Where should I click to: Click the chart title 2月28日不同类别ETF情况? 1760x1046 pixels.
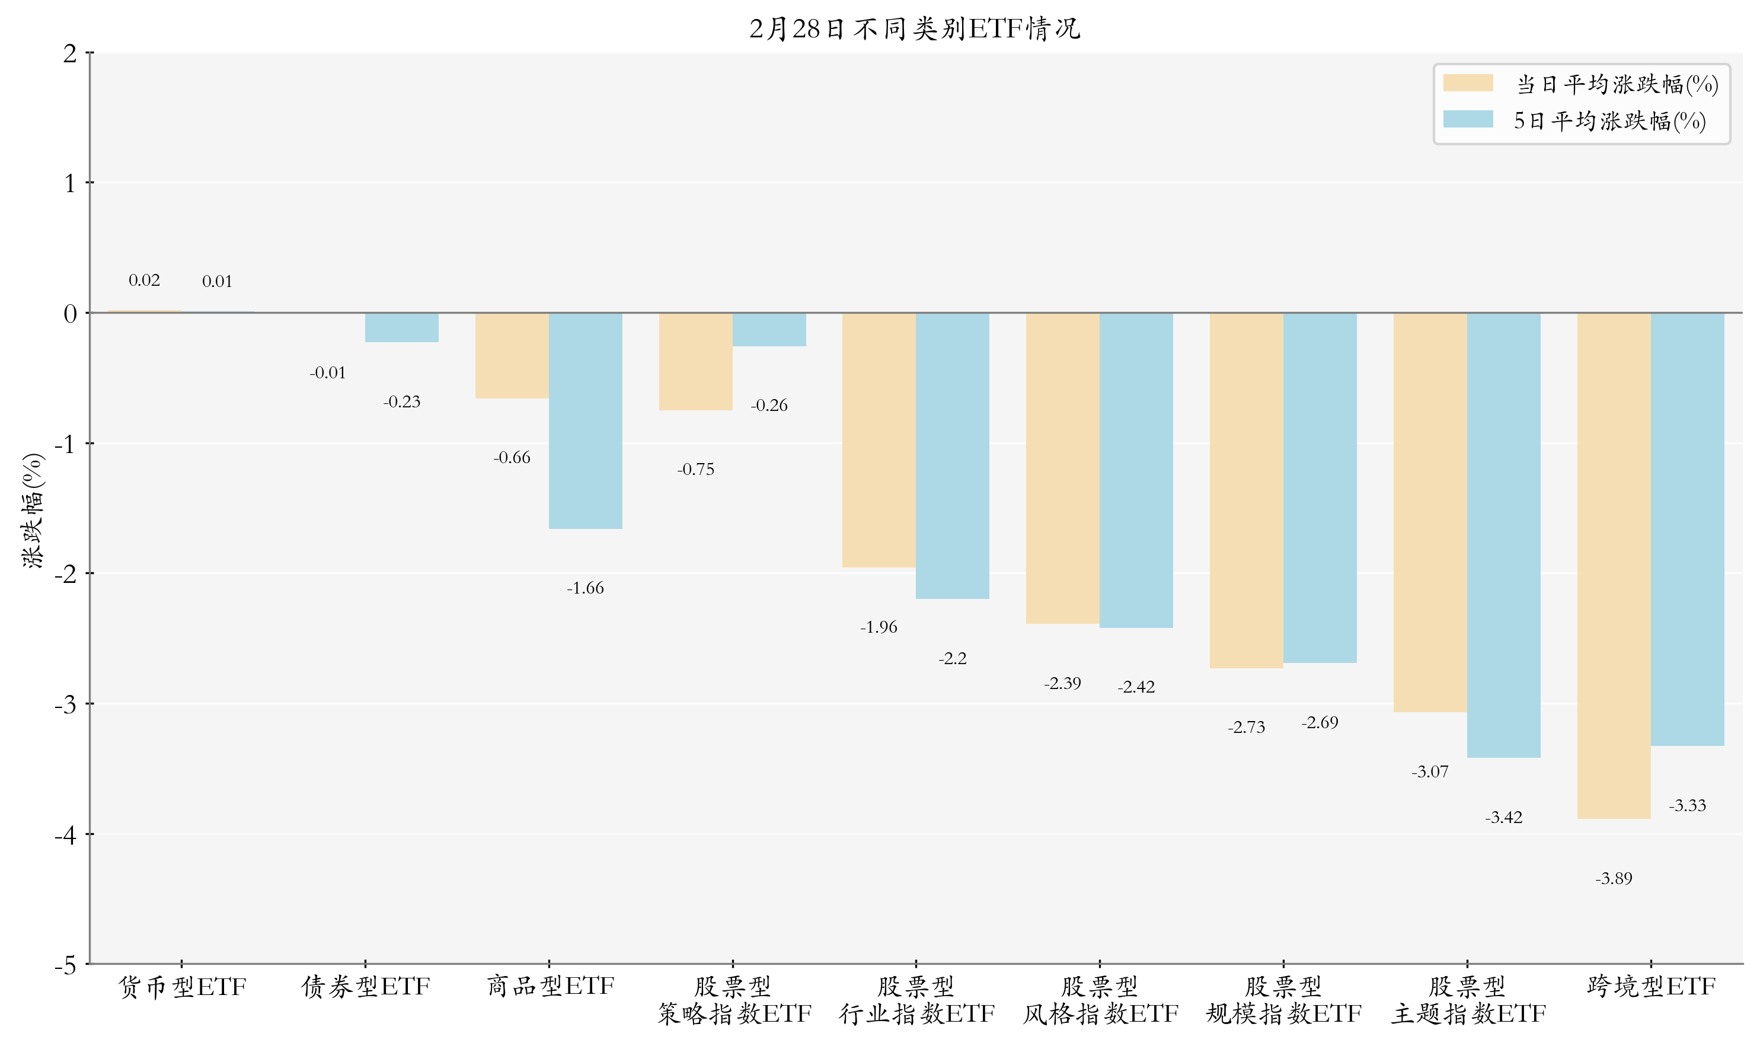point(915,29)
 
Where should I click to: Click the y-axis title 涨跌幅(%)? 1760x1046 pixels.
point(33,511)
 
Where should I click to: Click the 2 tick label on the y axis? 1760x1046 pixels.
point(70,53)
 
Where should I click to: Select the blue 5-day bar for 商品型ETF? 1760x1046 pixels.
point(586,421)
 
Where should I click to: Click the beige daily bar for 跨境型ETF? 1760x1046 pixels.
point(1614,565)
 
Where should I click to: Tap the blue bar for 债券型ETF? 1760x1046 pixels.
point(401,328)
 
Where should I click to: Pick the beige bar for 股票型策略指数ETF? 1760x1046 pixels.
point(695,362)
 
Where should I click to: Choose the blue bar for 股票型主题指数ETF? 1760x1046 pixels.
point(1503,535)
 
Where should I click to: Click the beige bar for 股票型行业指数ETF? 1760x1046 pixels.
point(879,441)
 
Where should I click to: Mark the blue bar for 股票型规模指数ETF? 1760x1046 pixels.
point(1320,488)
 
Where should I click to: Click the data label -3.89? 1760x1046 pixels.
point(1614,879)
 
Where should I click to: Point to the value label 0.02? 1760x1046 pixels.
point(145,280)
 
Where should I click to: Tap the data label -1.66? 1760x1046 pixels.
point(586,588)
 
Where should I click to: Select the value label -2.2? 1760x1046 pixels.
point(953,658)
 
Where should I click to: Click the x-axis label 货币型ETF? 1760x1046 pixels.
point(182,987)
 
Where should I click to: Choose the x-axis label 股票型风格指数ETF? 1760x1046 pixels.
point(1100,1000)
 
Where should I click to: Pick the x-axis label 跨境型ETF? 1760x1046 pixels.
point(1651,986)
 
